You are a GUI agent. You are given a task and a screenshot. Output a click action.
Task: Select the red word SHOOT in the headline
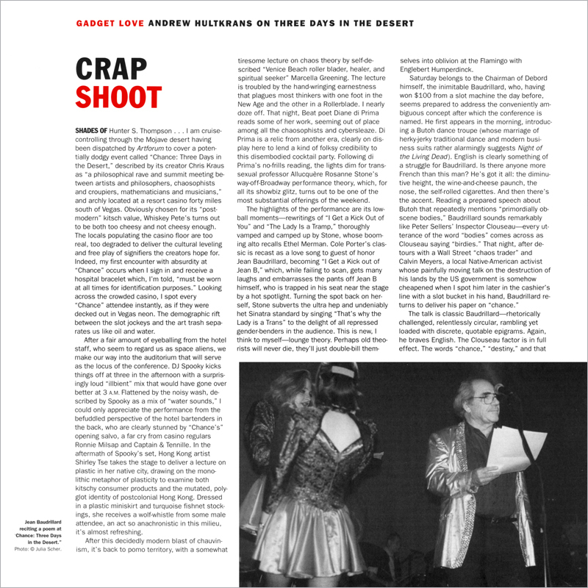118,98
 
